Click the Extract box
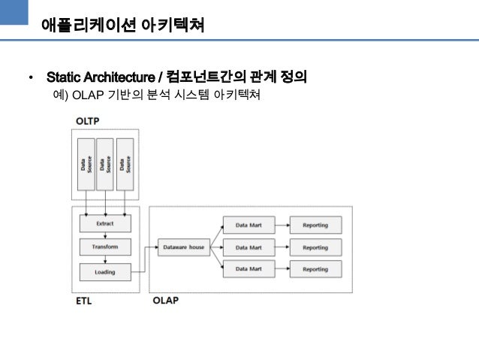click(105, 223)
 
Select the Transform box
click(105, 247)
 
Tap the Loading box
click(105, 271)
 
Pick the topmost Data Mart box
click(249, 224)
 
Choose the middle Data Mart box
click(249, 247)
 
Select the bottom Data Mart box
click(249, 268)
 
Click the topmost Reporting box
click(315, 224)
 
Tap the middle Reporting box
click(315, 247)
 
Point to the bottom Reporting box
click(315, 268)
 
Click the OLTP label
click(88, 121)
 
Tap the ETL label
click(85, 301)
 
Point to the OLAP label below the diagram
click(165, 301)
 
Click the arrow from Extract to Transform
click(105, 235)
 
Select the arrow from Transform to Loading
click(105, 259)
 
